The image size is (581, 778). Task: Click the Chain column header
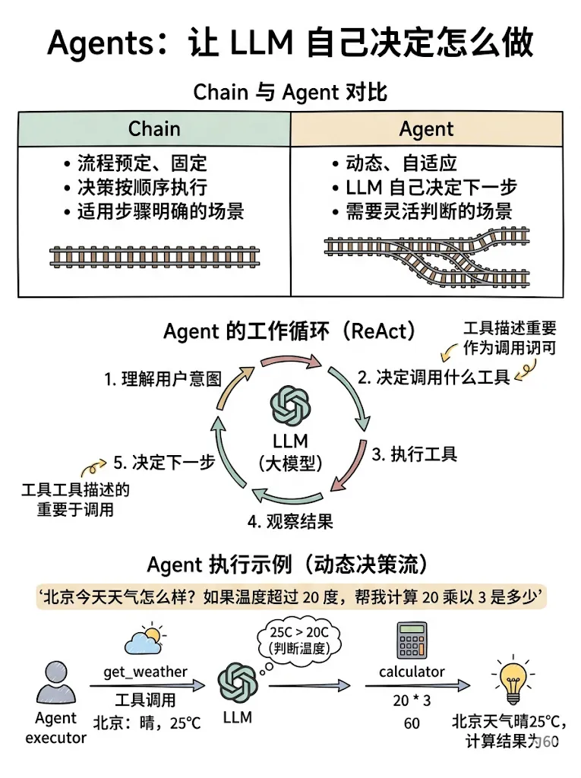point(154,129)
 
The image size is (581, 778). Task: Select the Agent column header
point(426,129)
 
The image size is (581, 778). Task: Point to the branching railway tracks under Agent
point(426,251)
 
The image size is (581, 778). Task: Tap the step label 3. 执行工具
point(414,455)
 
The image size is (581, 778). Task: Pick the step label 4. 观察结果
point(289,521)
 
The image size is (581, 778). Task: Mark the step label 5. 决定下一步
point(163,462)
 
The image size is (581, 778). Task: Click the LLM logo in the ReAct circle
point(290,406)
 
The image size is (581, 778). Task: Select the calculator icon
point(411,641)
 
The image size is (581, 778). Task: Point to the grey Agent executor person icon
point(55,683)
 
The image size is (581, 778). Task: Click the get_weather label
point(145,671)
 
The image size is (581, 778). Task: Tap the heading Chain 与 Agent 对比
point(290,92)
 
